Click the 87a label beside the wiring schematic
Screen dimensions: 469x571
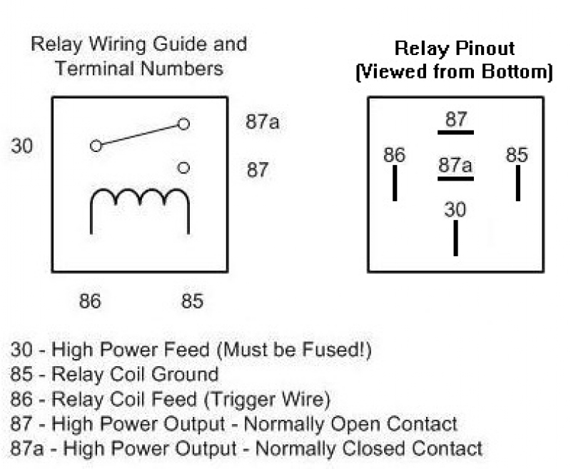point(263,122)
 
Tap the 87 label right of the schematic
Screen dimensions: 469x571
point(258,171)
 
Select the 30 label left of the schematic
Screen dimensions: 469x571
point(21,146)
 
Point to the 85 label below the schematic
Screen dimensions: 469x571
point(191,301)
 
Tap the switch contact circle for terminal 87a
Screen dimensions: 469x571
point(183,124)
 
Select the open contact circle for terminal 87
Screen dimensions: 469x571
point(183,168)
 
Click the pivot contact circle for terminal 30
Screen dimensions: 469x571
point(96,146)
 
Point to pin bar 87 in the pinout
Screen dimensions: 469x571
point(455,132)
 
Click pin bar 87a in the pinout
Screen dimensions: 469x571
point(455,178)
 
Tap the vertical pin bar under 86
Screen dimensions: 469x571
point(395,183)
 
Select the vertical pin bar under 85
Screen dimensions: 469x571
point(517,183)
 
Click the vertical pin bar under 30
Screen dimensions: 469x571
point(455,238)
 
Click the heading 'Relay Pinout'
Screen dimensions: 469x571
point(455,49)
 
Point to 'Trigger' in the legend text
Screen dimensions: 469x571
point(268,398)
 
